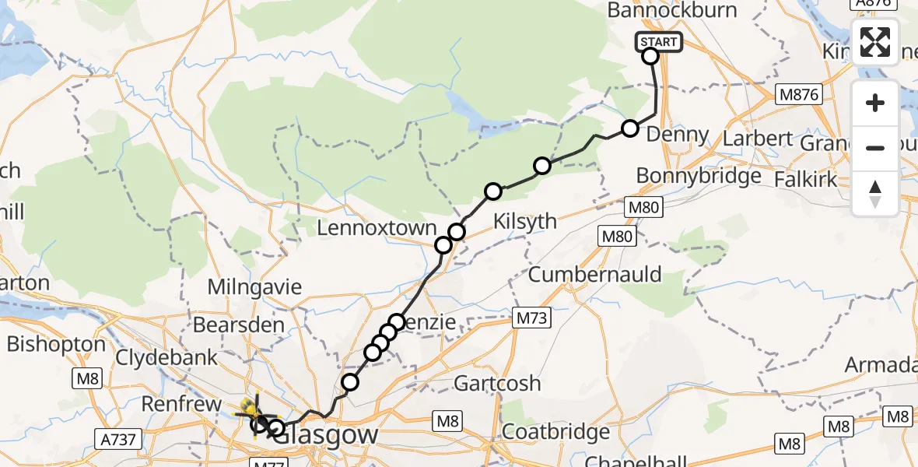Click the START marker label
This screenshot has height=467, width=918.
tap(660, 42)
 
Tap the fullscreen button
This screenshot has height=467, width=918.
tap(875, 42)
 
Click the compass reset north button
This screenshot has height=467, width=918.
tap(875, 193)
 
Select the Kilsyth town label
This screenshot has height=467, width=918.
tap(526, 222)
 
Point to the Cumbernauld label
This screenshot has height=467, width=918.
tap(594, 275)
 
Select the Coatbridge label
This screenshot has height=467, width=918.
tap(555, 432)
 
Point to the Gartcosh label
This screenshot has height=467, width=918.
tap(497, 384)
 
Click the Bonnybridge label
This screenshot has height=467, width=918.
tap(699, 176)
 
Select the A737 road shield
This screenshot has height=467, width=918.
tap(119, 440)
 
